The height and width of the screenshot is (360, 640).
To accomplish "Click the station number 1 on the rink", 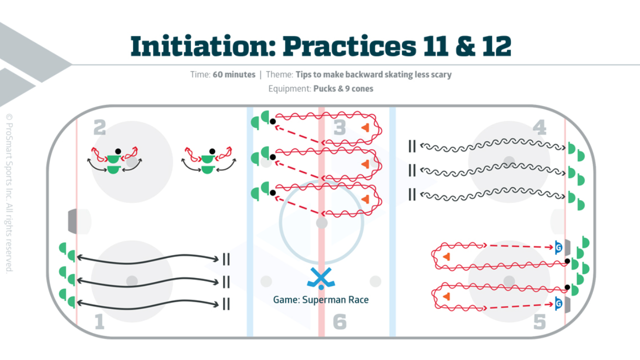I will [x=99, y=321].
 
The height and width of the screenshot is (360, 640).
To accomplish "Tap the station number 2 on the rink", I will [x=99, y=128].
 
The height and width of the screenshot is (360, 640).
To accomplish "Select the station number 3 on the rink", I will [x=339, y=128].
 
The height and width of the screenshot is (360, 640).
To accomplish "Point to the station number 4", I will [x=539, y=128].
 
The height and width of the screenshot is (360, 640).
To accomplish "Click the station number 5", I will [x=539, y=322].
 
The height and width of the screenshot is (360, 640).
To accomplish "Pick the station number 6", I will [x=339, y=322].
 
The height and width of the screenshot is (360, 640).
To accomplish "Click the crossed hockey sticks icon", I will [x=320, y=278].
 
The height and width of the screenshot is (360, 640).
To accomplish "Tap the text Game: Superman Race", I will [x=320, y=300].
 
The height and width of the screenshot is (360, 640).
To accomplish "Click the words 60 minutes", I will [x=233, y=75].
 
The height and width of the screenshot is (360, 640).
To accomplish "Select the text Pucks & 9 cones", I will [x=343, y=88].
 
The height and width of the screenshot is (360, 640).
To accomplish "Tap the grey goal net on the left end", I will [x=73, y=221].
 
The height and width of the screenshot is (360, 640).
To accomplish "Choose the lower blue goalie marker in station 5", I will [x=559, y=303].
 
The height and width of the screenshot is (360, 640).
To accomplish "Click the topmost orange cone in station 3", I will [x=366, y=127].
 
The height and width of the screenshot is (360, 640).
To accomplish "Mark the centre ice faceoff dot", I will [x=322, y=222].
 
